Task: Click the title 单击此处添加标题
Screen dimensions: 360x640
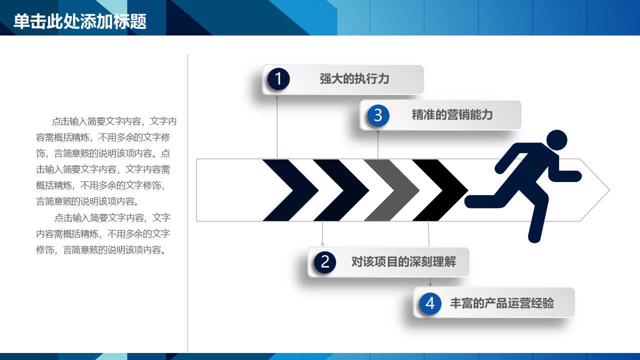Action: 80,21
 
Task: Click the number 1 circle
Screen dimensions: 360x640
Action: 278,79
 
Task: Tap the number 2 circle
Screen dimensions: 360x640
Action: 325,261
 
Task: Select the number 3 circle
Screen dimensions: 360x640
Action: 378,115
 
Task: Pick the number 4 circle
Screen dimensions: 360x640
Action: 430,303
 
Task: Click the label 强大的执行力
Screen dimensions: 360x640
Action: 354,79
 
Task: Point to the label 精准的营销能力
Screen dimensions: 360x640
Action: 452,115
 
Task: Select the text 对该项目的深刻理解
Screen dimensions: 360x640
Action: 403,261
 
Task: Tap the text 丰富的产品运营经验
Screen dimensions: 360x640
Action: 501,303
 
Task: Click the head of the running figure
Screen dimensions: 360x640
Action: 556,140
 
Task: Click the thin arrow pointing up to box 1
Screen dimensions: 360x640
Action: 277,125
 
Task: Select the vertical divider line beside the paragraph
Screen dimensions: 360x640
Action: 188,200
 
